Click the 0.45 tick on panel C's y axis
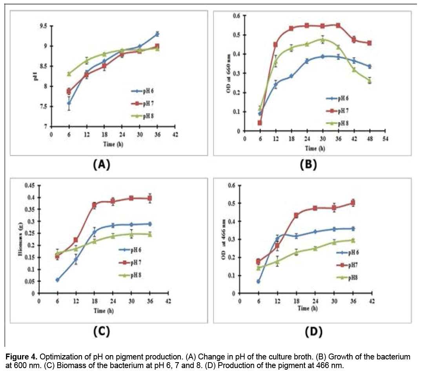(29, 185)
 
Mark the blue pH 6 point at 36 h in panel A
(157, 34)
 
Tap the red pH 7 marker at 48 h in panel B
(369, 43)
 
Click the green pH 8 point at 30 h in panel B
(322, 40)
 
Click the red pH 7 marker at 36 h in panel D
(353, 203)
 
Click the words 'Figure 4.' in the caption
(19, 357)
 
